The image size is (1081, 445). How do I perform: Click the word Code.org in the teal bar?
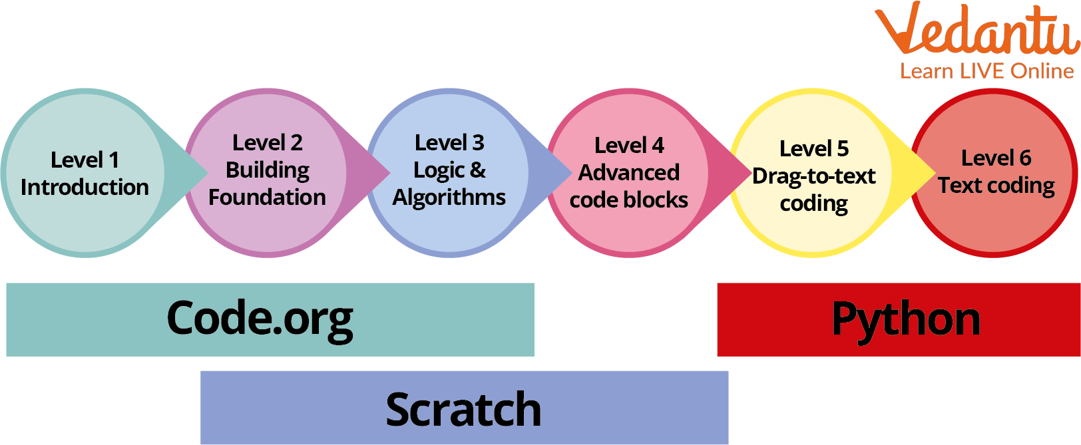pos(260,319)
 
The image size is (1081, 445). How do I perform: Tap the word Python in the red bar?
pos(905,319)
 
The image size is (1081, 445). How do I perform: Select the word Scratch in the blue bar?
pos(463,408)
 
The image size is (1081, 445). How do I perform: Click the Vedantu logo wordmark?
pos(976,30)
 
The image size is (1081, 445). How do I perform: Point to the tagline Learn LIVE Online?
pos(986,71)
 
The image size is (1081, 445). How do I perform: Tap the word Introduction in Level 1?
pos(85,188)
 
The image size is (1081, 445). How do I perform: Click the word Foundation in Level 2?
pos(267,198)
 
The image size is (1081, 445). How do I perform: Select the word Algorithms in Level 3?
pos(449,198)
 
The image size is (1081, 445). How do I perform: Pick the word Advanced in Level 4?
pos(629,173)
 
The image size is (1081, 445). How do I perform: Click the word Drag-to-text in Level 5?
pos(813,176)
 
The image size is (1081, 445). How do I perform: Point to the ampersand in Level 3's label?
pos(477,170)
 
